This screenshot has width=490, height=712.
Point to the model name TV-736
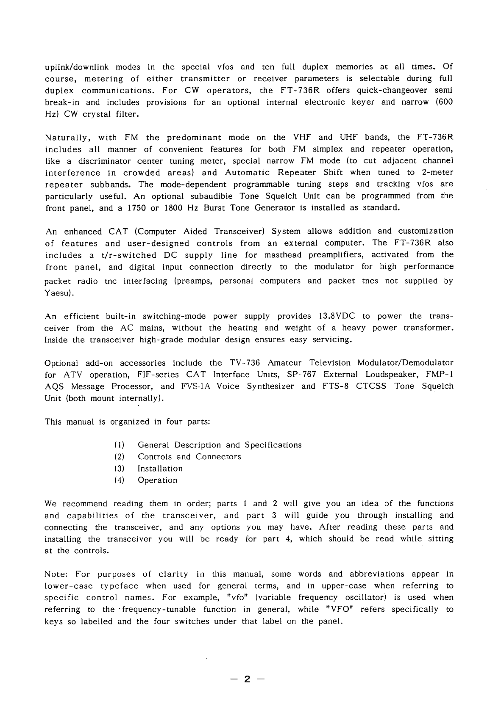click(245, 363)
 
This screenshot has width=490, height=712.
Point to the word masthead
click(282, 255)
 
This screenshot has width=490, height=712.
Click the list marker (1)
click(119, 445)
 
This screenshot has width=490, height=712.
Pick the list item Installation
click(160, 469)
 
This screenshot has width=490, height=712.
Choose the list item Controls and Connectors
click(189, 457)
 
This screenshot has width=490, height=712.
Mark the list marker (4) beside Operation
click(119, 480)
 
